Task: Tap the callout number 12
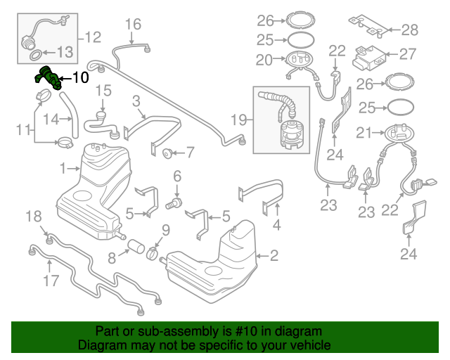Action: tap(93, 36)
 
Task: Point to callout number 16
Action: tap(133, 25)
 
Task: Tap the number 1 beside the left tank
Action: tap(63, 169)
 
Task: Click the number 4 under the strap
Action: tap(276, 226)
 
